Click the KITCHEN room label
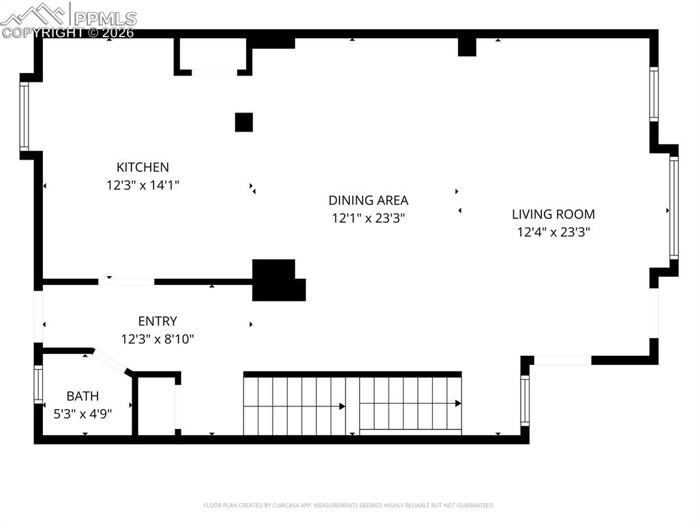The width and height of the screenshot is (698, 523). (x=142, y=167)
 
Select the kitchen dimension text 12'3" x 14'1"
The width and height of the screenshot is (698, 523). (x=142, y=185)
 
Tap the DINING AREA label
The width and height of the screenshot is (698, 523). (x=368, y=200)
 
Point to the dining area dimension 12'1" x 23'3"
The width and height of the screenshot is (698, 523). (x=368, y=218)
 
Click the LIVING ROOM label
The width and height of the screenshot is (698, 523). (x=553, y=214)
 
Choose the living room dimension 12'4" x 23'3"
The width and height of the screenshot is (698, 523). (x=553, y=232)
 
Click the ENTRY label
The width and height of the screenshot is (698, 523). (x=157, y=321)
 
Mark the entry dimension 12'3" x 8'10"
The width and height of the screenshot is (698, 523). (x=157, y=339)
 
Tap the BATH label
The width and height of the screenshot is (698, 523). (x=82, y=396)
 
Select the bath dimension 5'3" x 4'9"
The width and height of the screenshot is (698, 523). (x=82, y=413)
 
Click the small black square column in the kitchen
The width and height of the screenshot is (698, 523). (x=244, y=122)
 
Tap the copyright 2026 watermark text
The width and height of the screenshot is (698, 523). (x=67, y=32)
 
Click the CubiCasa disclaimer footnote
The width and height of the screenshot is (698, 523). (x=348, y=505)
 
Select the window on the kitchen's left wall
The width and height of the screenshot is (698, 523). (x=24, y=116)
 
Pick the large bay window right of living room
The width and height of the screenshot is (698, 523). (x=673, y=208)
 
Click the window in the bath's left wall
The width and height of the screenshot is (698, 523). (x=38, y=385)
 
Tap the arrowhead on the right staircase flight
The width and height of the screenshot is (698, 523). (x=458, y=404)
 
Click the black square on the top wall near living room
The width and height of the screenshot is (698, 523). (x=467, y=46)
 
